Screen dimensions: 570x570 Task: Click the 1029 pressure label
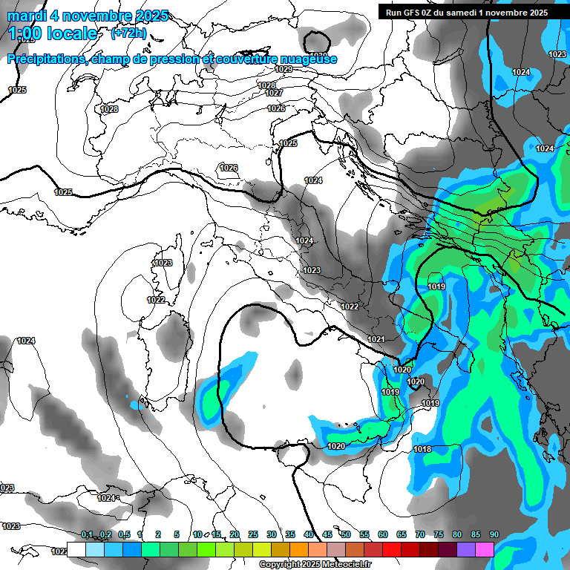pyautogui.click(x=283, y=69)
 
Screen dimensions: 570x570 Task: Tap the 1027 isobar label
pyautogui.click(x=274, y=93)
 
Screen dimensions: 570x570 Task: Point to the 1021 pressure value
pyautogui.click(x=376, y=339)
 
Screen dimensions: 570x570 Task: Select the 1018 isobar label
pyautogui.click(x=422, y=449)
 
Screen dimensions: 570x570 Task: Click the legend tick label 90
pyautogui.click(x=494, y=534)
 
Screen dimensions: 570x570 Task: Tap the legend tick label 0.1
pyautogui.click(x=87, y=534)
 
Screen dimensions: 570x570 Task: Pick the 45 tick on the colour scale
pyautogui.click(x=327, y=534)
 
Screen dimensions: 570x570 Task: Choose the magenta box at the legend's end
pyautogui.click(x=485, y=550)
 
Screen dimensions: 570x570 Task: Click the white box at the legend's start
pyautogui.click(x=76, y=550)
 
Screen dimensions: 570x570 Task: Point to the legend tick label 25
pyautogui.click(x=253, y=534)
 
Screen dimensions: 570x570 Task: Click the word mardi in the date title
pyautogui.click(x=29, y=16)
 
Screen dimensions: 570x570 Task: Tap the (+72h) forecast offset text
pyautogui.click(x=128, y=33)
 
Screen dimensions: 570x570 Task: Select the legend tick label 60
pyautogui.click(x=383, y=534)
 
